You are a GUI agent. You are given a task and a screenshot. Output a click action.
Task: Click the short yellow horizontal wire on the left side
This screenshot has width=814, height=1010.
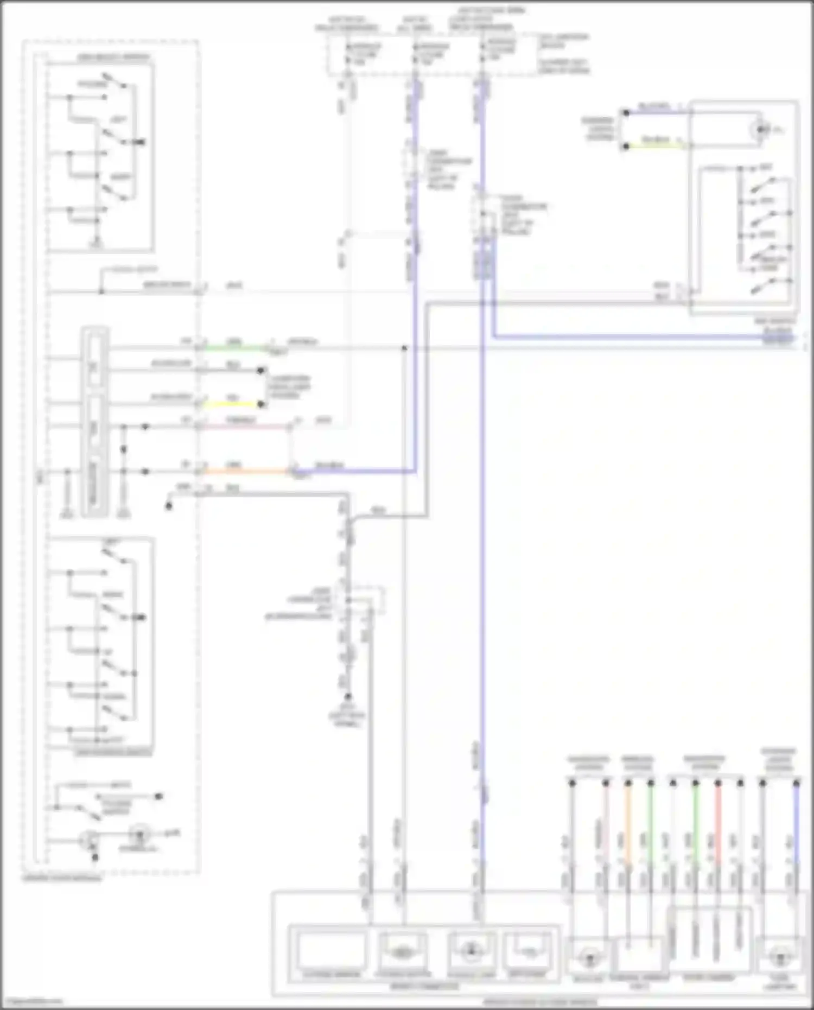231,404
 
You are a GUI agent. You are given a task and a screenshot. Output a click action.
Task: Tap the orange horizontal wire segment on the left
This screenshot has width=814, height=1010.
244,471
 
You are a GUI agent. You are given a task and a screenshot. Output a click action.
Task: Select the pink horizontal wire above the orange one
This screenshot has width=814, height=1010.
244,427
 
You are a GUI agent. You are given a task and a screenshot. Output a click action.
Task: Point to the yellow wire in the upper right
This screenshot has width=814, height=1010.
657,146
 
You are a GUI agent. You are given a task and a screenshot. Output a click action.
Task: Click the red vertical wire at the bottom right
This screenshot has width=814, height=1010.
718,825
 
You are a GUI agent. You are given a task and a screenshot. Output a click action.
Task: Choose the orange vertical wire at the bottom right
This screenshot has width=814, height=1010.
628,825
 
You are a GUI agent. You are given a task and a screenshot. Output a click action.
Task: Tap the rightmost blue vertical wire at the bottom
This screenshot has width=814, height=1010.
796,825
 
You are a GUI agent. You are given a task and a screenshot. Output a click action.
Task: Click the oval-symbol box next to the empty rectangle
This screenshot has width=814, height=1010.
402,951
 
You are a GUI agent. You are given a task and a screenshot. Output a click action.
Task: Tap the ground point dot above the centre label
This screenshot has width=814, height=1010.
348,696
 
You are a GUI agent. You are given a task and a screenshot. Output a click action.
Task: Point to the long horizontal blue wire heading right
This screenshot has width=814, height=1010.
624,337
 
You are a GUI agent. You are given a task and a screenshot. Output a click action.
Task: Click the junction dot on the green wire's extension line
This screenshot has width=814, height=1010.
404,348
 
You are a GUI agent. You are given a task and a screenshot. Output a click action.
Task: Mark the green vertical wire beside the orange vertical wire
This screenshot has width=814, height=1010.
651,825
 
